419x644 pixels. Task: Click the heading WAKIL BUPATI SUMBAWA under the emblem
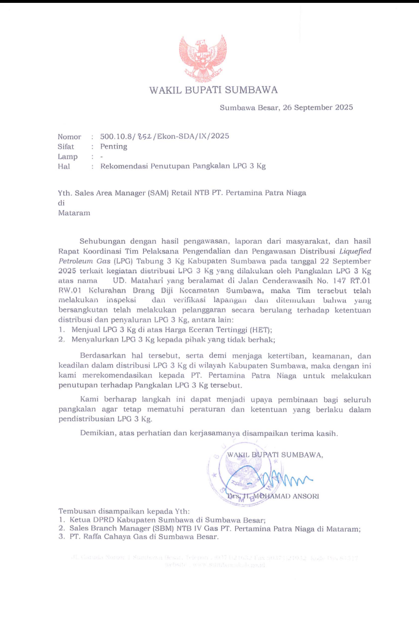214,90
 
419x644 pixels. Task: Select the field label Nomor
69,136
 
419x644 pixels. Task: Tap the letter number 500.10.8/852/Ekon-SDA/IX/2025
165,136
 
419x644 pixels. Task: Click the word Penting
113,146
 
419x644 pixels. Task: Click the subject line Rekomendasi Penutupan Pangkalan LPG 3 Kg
183,166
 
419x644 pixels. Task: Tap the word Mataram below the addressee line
74,213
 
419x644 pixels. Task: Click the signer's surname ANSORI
303,496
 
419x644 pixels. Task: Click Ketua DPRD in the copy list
92,519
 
